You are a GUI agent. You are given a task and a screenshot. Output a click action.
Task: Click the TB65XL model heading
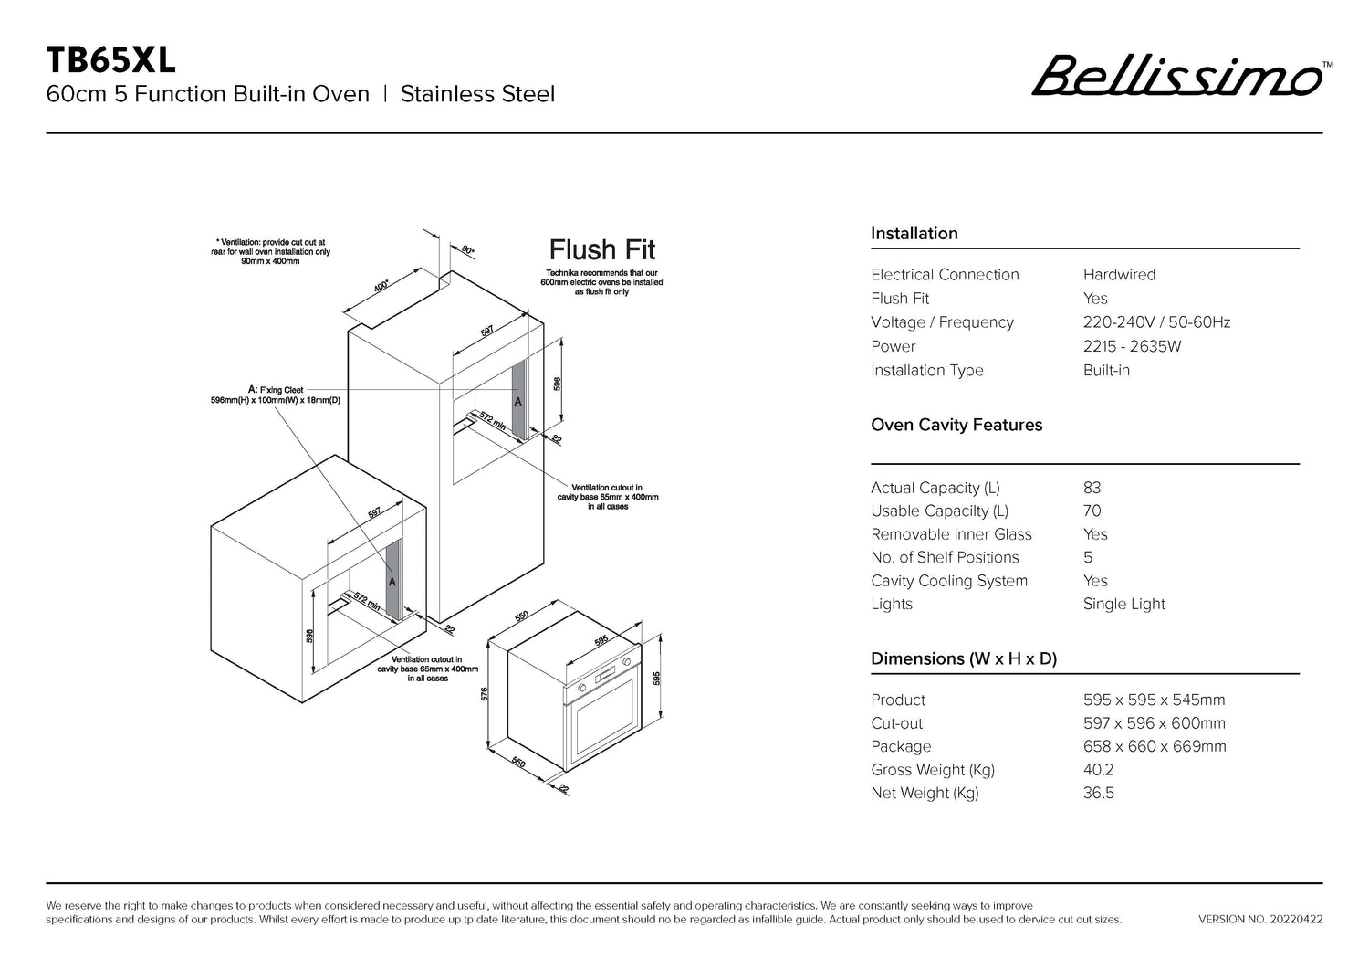pos(110,60)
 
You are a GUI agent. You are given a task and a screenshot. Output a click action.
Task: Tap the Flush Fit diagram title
pos(602,249)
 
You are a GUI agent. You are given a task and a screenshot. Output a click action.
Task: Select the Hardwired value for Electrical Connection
pos(1119,275)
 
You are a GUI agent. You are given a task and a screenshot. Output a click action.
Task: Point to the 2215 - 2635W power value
pos(1132,346)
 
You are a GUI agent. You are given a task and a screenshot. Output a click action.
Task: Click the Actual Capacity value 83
pos(1092,488)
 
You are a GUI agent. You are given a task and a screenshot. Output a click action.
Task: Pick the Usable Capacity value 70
pos(1092,511)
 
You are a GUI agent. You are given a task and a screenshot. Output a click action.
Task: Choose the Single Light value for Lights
pos(1123,604)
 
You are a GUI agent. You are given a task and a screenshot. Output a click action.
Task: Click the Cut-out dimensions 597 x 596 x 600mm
pos(1155,723)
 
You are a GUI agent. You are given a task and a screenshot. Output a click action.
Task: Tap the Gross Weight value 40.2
pos(1098,770)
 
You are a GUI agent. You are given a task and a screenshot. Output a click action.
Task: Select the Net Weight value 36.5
pos(1098,793)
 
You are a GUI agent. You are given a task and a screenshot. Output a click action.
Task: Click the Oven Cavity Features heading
pos(956,426)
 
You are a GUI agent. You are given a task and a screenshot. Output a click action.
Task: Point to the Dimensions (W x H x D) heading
pos(964,658)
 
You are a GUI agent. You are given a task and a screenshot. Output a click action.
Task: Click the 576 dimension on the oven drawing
pos(485,694)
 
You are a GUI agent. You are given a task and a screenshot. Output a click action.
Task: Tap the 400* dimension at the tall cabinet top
pos(381,286)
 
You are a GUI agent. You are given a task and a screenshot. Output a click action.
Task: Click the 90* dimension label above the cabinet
pos(468,249)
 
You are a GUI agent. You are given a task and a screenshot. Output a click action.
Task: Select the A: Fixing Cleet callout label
pos(276,390)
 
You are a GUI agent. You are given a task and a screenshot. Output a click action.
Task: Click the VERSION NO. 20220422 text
pos(1260,920)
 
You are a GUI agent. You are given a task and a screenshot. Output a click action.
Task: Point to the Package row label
pos(901,746)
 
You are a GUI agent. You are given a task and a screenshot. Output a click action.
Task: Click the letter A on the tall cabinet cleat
pos(517,402)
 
